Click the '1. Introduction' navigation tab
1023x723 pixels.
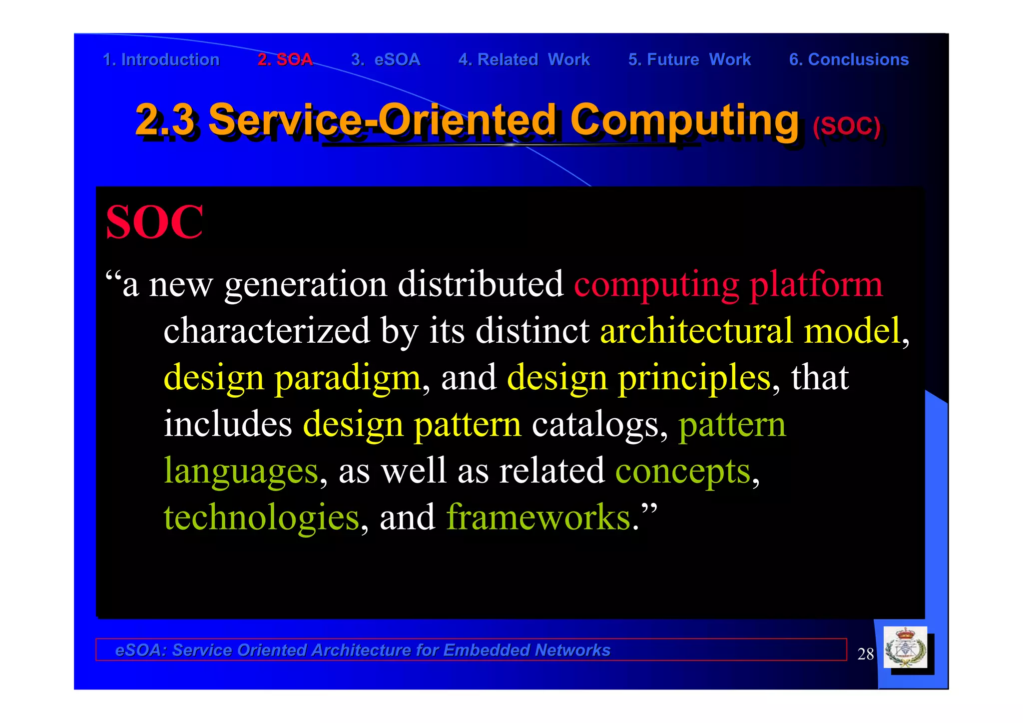click(161, 60)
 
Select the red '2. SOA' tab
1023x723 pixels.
click(285, 60)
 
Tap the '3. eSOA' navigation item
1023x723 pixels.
click(385, 60)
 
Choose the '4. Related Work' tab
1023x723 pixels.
click(524, 60)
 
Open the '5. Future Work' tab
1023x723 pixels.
click(689, 60)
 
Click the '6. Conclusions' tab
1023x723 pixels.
click(849, 60)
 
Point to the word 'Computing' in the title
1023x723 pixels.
click(684, 120)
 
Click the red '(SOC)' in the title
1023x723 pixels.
click(846, 126)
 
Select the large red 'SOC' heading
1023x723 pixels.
click(154, 222)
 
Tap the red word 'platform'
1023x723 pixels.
click(816, 285)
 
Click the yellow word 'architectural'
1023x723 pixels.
click(696, 331)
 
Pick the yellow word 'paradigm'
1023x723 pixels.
click(348, 378)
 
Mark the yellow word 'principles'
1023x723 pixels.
click(694, 378)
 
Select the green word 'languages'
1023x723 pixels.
click(241, 471)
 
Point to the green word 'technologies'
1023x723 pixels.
click(261, 518)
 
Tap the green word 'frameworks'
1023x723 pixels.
click(538, 518)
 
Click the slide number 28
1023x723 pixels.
click(865, 654)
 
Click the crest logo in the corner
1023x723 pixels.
click(905, 648)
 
